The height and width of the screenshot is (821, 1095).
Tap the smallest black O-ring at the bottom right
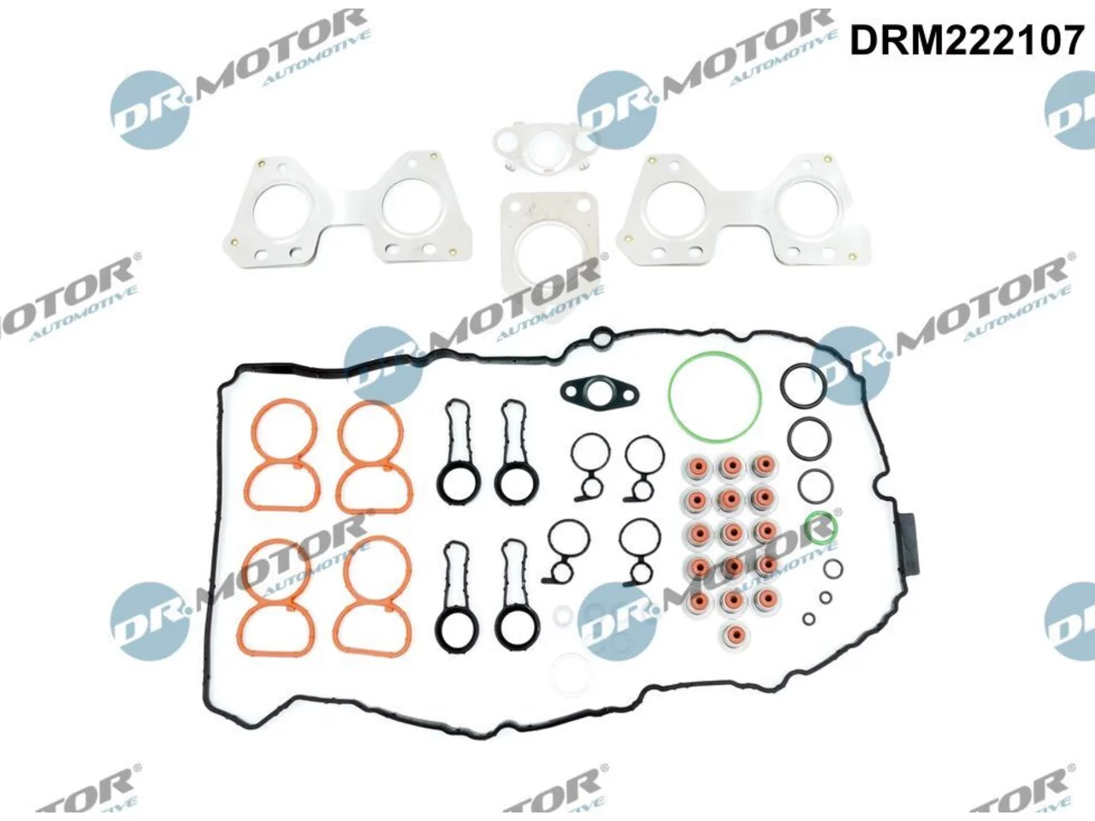pyautogui.click(x=809, y=619)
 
